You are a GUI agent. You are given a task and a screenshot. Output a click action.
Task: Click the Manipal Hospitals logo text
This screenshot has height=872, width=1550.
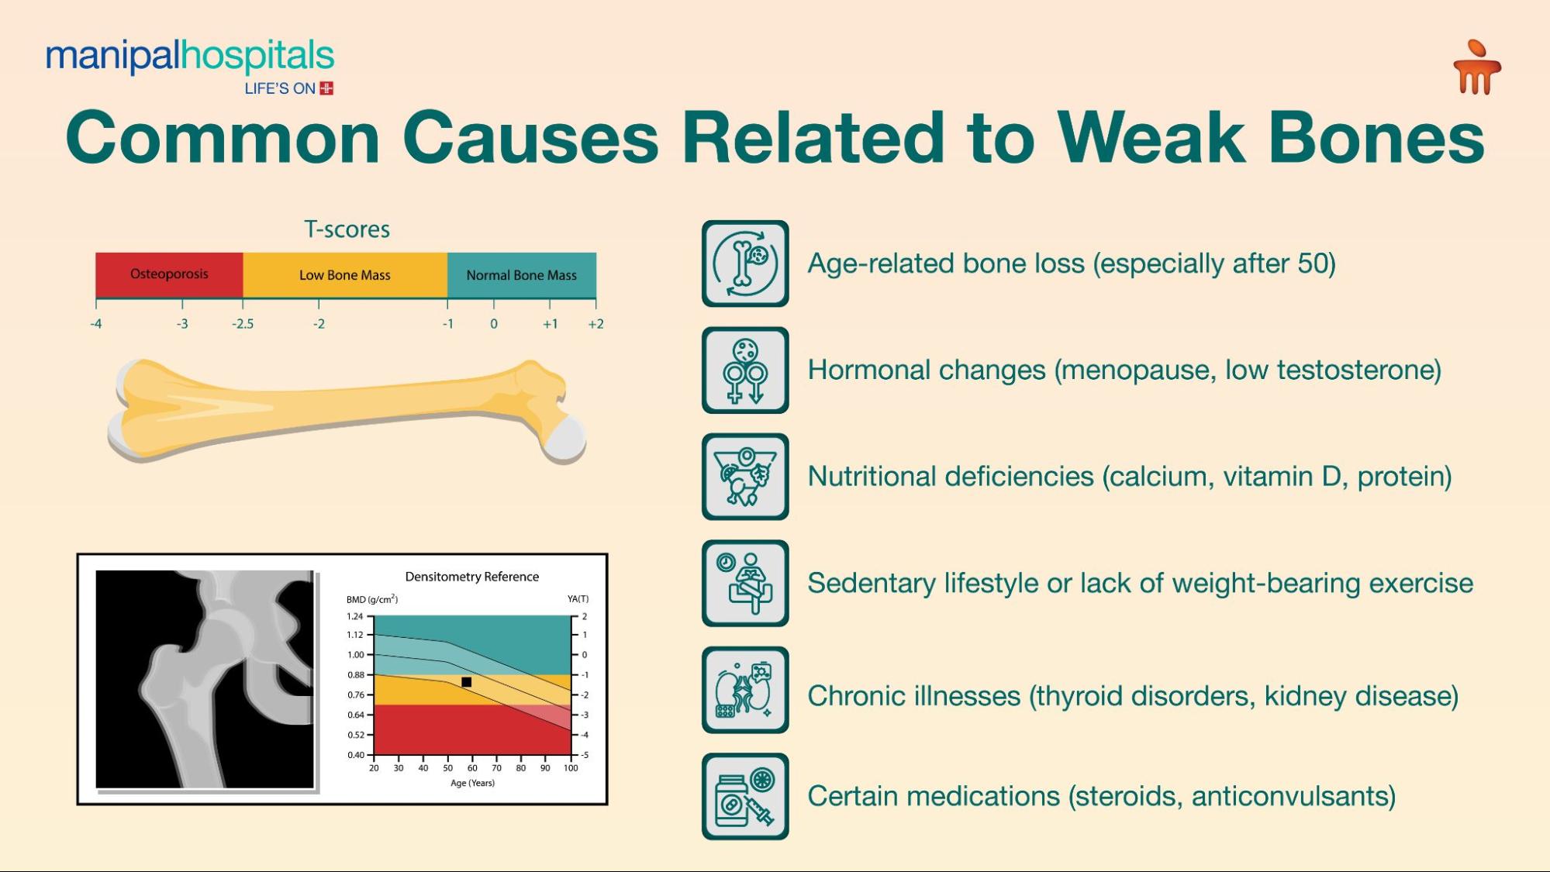click(x=189, y=57)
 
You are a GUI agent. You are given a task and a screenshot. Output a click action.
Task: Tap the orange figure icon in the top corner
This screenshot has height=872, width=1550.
click(x=1476, y=68)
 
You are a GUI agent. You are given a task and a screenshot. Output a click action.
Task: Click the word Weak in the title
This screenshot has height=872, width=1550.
click(x=1152, y=138)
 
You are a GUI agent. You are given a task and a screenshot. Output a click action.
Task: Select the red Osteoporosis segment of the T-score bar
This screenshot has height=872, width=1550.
click(x=169, y=274)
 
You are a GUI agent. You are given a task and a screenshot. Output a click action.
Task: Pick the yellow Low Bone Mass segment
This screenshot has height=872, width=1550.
click(x=344, y=275)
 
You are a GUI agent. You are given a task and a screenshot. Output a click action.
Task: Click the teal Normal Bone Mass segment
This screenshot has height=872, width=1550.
click(x=521, y=275)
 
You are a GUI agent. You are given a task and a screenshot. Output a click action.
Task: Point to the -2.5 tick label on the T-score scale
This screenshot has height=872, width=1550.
click(x=243, y=324)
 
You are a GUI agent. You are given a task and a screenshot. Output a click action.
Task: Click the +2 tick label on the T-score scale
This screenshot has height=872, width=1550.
click(x=595, y=324)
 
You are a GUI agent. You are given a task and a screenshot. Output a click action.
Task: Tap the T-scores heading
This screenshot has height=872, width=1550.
click(x=347, y=229)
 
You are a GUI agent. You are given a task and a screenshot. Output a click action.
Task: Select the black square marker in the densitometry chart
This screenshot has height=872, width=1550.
click(x=466, y=682)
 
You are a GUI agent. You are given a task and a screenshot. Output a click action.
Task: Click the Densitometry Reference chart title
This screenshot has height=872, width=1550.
click(x=471, y=577)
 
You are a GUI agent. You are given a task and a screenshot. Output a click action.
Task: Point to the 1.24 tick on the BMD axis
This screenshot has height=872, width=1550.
click(x=354, y=616)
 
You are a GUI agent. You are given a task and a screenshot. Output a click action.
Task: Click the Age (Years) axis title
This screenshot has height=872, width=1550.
click(x=472, y=783)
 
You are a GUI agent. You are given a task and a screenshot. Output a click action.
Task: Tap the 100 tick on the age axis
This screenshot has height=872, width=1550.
click(x=571, y=768)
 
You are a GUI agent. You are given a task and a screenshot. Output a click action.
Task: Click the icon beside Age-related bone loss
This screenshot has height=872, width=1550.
click(x=745, y=264)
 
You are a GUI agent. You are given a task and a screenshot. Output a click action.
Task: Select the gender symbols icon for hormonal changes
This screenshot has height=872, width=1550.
click(x=745, y=371)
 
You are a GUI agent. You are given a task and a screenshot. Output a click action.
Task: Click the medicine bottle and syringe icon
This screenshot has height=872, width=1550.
click(x=745, y=797)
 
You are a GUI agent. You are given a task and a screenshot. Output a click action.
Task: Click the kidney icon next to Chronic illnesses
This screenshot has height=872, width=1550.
click(x=745, y=690)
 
